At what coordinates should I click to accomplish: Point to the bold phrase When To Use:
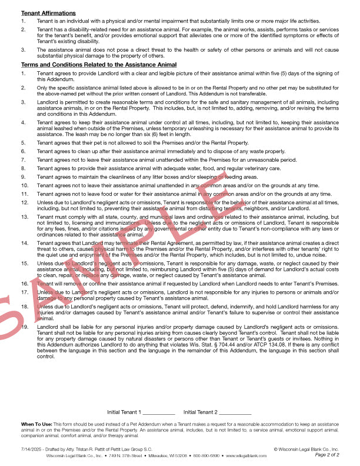pyautogui.click(x=37, y=424)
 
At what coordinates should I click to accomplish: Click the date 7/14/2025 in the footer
pyautogui.click(x=29, y=449)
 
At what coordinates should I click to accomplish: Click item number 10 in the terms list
pyautogui.click(x=25, y=185)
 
